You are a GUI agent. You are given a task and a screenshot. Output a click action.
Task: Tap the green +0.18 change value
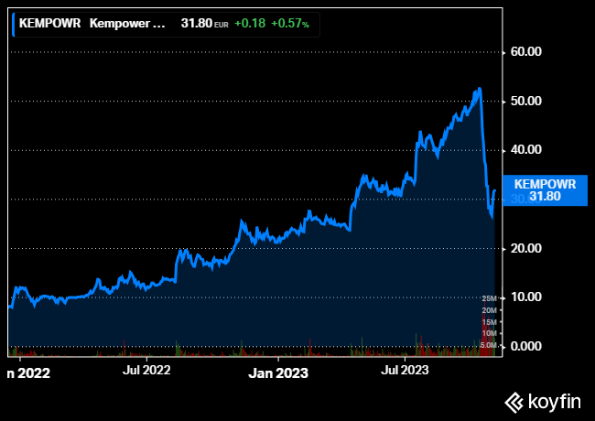click(250, 24)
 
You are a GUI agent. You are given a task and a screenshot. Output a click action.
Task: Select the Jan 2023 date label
click(279, 372)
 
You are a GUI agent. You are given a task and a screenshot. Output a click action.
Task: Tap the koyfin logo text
click(554, 401)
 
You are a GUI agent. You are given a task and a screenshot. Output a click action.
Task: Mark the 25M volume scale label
click(489, 299)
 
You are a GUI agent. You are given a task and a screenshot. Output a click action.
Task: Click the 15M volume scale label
click(489, 322)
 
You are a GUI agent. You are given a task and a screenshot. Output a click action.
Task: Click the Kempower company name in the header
click(128, 24)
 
